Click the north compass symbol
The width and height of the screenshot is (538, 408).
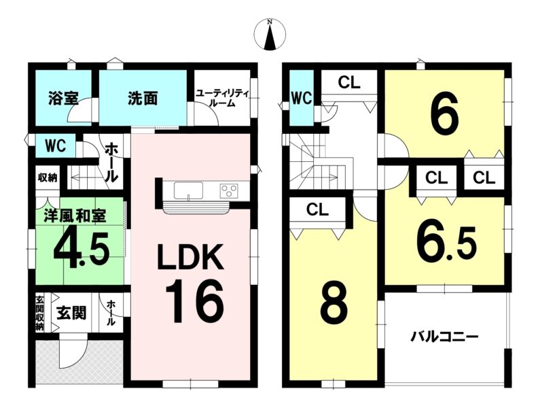[x=270, y=35]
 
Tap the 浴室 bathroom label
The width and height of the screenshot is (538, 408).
[x=63, y=99]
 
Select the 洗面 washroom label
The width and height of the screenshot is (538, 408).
[x=143, y=99]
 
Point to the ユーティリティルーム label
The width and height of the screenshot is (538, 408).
[x=222, y=98]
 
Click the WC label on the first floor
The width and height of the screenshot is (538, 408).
[x=56, y=147]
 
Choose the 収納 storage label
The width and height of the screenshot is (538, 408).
[x=48, y=178]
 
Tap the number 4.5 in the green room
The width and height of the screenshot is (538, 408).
[x=82, y=246]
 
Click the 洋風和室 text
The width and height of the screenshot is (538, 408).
[x=75, y=216]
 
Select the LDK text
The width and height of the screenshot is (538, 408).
[x=190, y=257]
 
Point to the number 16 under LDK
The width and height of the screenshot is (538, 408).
[x=194, y=301]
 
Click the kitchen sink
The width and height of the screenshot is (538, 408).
[x=188, y=190]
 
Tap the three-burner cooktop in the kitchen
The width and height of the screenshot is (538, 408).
[x=229, y=190]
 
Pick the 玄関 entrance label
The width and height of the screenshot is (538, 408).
[x=71, y=313]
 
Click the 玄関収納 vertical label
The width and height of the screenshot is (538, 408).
[x=40, y=313]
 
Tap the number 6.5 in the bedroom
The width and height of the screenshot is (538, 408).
[x=446, y=244]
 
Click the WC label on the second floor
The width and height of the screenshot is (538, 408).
[x=302, y=98]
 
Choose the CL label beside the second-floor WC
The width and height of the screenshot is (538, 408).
[x=349, y=82]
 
